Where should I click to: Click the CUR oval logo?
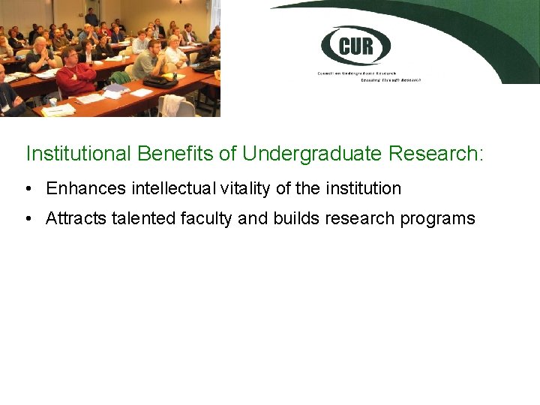pos(355,46)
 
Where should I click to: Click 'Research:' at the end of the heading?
pos(436,154)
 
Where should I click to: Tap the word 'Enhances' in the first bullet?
pos(82,188)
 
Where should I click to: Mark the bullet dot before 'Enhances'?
pos(27,188)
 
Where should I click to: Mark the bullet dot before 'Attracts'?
pos(27,218)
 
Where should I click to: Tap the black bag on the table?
pos(160,80)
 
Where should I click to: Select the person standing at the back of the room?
pos(91,16)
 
